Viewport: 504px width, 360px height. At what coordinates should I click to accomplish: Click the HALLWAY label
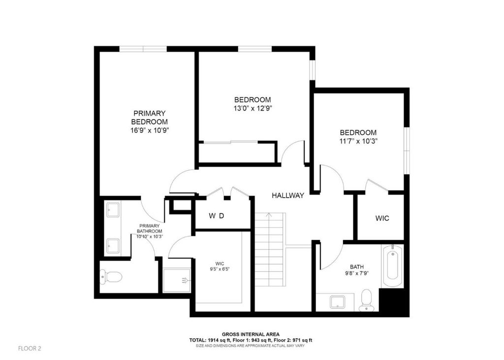[287, 196]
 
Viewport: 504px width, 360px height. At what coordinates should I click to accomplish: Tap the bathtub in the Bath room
[393, 266]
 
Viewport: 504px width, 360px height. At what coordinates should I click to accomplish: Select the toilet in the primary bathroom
[111, 277]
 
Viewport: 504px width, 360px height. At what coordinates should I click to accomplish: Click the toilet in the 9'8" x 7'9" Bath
[366, 300]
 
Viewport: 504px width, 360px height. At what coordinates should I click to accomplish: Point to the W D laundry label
[217, 216]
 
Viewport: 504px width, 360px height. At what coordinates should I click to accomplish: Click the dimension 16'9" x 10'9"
[150, 130]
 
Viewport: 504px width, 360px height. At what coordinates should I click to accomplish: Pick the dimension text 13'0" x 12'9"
[253, 109]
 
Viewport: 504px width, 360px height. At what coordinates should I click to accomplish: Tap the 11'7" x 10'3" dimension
[358, 141]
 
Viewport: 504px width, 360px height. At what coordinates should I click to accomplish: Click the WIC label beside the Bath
[382, 218]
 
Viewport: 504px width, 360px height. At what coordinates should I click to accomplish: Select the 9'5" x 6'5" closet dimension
[220, 269]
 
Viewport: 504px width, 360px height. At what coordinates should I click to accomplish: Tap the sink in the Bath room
[337, 302]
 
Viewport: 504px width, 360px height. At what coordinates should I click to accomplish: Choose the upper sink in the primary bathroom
[113, 210]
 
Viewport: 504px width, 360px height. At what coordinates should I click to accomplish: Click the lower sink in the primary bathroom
[113, 246]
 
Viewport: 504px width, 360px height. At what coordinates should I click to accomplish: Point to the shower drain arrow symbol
[185, 280]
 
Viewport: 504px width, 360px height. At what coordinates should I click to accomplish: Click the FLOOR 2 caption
[30, 348]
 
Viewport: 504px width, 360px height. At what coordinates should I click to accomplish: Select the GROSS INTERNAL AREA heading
[251, 334]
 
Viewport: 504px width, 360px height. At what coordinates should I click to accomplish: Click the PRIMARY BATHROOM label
[150, 229]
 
